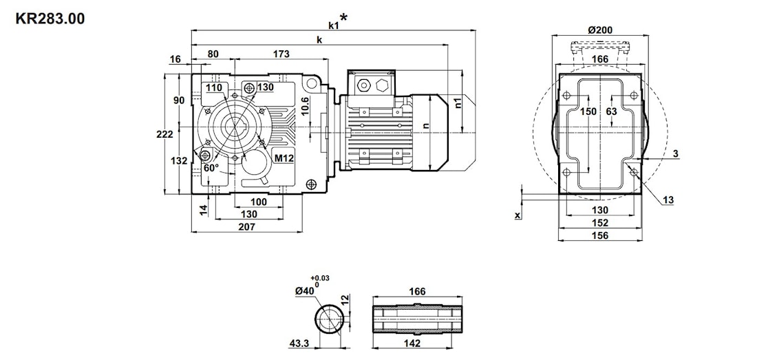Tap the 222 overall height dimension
[164, 135]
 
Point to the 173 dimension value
[281, 54]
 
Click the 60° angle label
[211, 167]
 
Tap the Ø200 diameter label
[600, 30]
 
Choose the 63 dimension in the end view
[611, 112]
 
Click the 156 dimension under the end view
[600, 235]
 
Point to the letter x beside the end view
[517, 215]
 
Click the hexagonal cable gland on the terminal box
[383, 86]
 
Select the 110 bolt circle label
[213, 88]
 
